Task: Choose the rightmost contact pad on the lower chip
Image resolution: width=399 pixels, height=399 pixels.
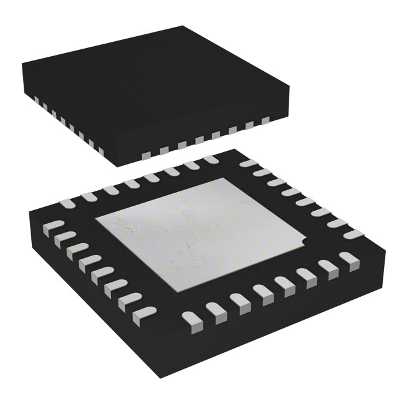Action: (353, 234)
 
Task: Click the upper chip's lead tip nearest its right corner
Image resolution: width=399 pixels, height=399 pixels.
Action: (266, 119)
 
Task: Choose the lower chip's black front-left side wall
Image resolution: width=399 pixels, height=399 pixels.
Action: (87, 299)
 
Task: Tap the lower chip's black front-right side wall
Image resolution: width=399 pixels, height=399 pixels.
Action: (293, 312)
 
